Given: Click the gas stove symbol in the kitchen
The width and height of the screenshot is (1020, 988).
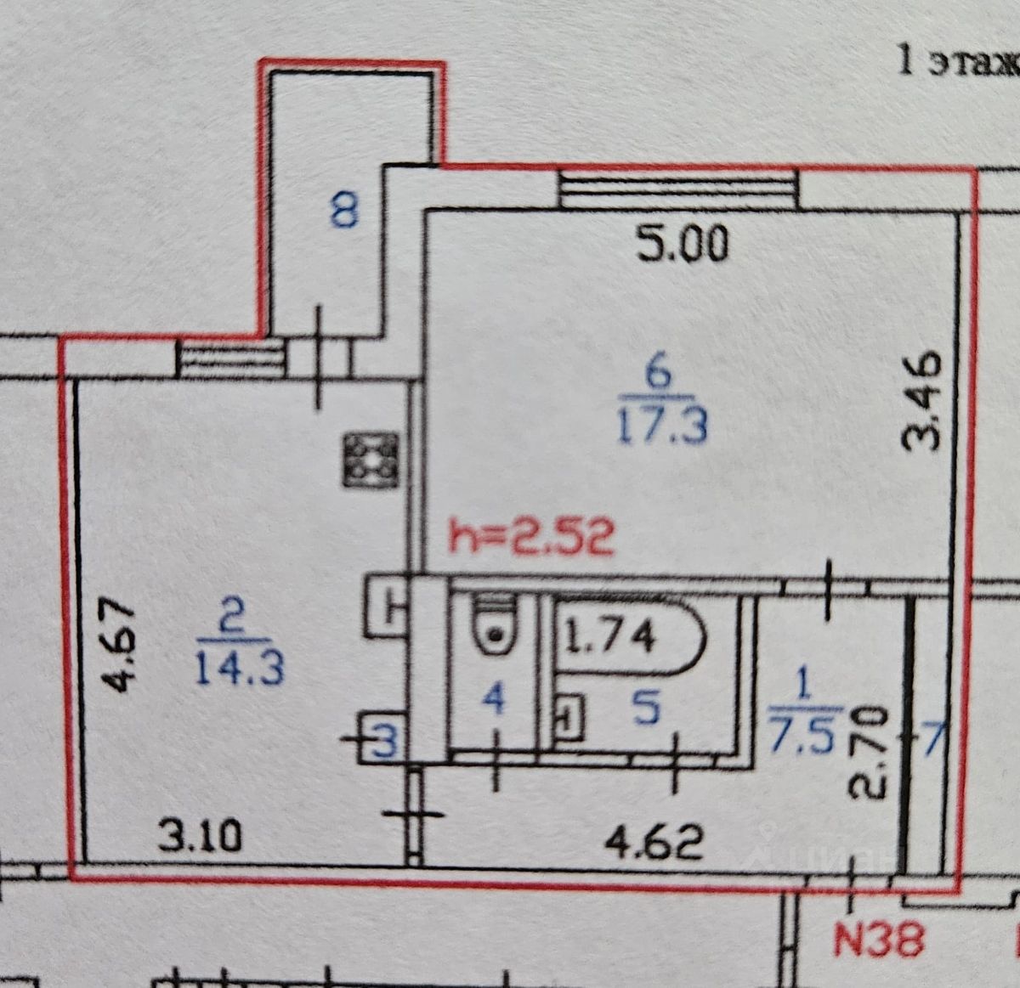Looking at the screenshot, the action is tap(371, 460).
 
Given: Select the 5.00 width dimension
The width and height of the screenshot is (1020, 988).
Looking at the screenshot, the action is tap(683, 246).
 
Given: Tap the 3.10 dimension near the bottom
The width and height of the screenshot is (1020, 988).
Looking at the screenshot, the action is tap(201, 839).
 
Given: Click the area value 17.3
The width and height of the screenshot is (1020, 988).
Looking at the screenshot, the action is tap(661, 425).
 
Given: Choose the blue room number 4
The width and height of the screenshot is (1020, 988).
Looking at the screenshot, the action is tap(494, 701).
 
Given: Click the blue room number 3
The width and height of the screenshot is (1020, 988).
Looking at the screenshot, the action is tap(385, 745).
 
